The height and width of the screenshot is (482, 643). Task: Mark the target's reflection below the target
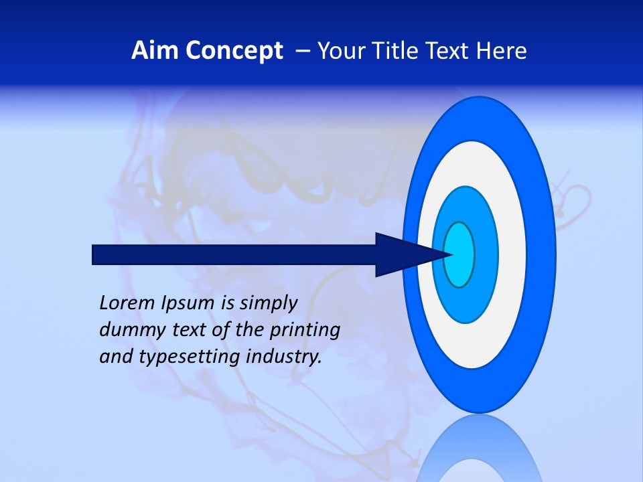tap(479, 455)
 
